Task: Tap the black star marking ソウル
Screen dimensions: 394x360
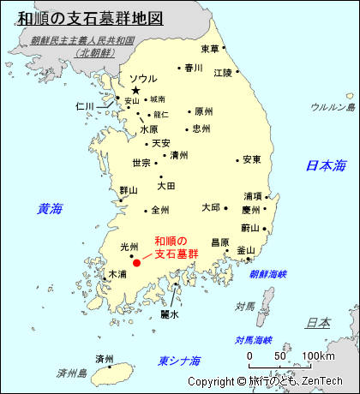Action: (135, 90)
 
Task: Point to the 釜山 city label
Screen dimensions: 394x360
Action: (246, 250)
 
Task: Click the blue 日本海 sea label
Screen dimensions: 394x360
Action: (326, 165)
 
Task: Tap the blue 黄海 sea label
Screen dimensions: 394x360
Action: (51, 208)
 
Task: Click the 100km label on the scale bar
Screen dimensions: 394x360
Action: (318, 355)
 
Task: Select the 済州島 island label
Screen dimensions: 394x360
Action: (72, 373)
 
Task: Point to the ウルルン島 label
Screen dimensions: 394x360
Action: (333, 107)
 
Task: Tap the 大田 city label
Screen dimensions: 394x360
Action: (166, 185)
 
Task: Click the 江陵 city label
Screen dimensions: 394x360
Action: (223, 72)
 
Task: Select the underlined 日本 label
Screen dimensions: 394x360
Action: (318, 323)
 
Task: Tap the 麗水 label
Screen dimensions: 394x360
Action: (170, 314)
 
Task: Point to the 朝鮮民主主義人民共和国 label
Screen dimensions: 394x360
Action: (82, 40)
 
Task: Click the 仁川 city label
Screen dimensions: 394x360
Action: (84, 106)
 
